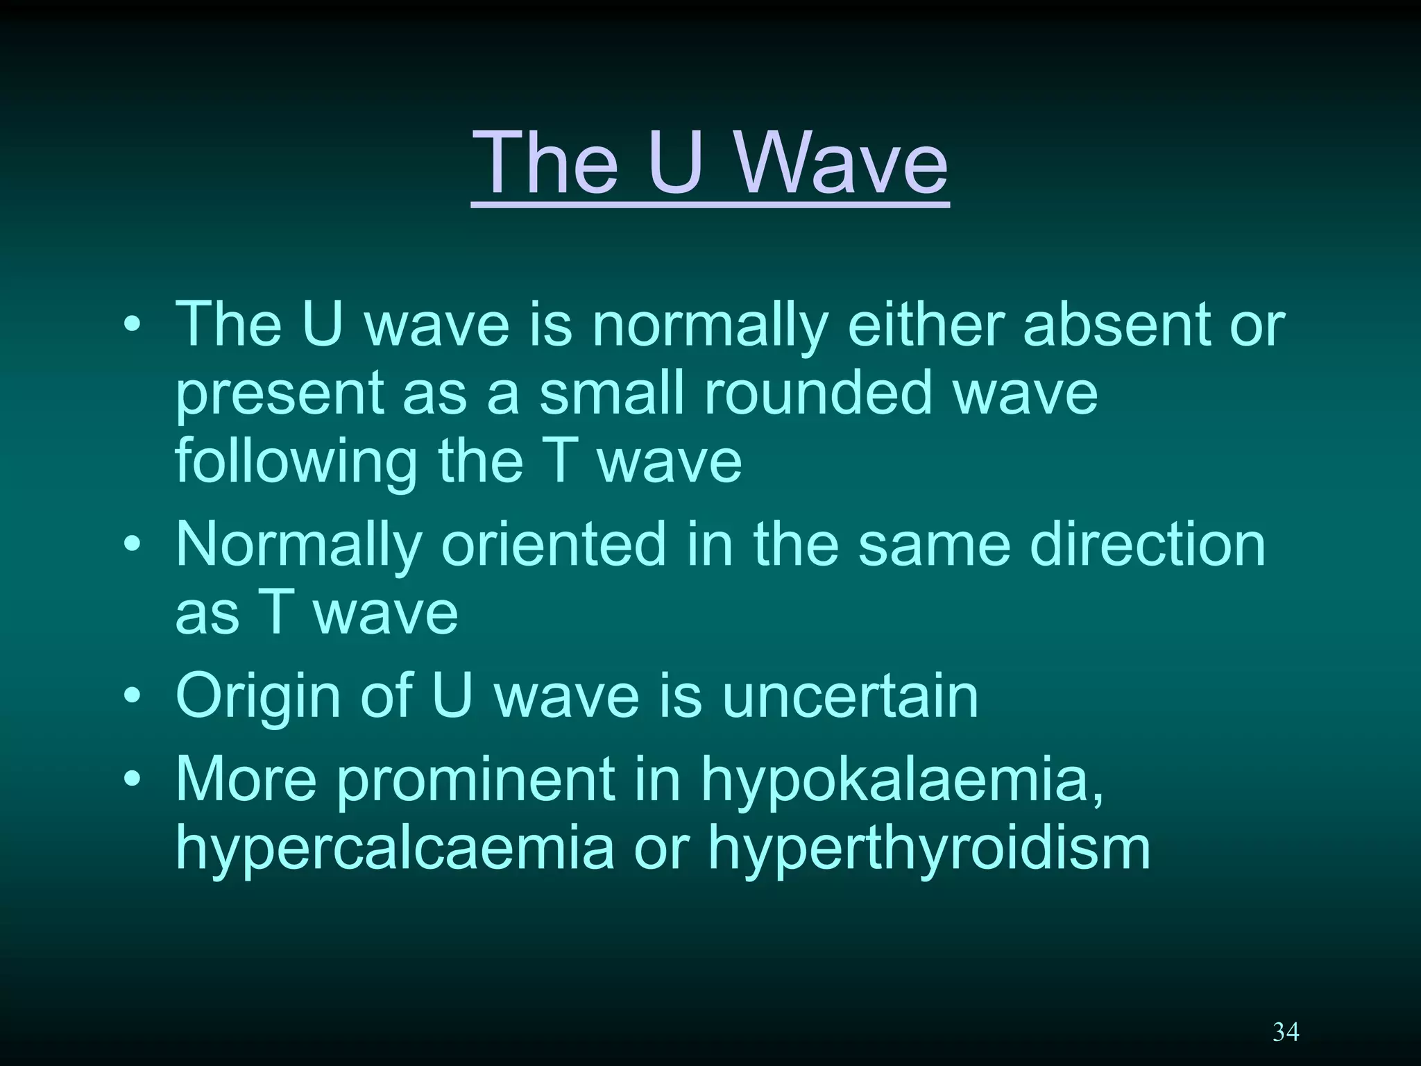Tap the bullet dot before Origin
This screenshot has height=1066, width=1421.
(132, 696)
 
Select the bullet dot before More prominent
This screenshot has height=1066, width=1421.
(132, 779)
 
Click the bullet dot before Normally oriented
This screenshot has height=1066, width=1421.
(132, 545)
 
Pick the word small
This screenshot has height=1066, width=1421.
(611, 394)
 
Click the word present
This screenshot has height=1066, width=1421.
(279, 394)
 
